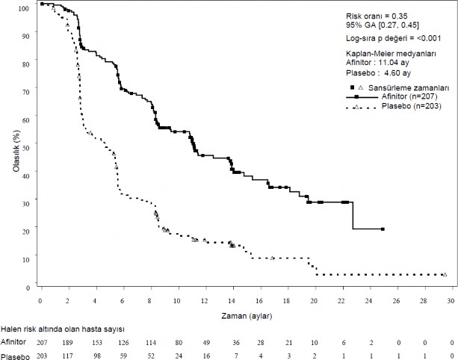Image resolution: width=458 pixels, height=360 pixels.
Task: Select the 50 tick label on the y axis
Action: coord(26,147)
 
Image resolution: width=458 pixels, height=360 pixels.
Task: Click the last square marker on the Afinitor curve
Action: coord(383,229)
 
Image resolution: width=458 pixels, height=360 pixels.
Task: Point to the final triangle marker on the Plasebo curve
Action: coord(445,275)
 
